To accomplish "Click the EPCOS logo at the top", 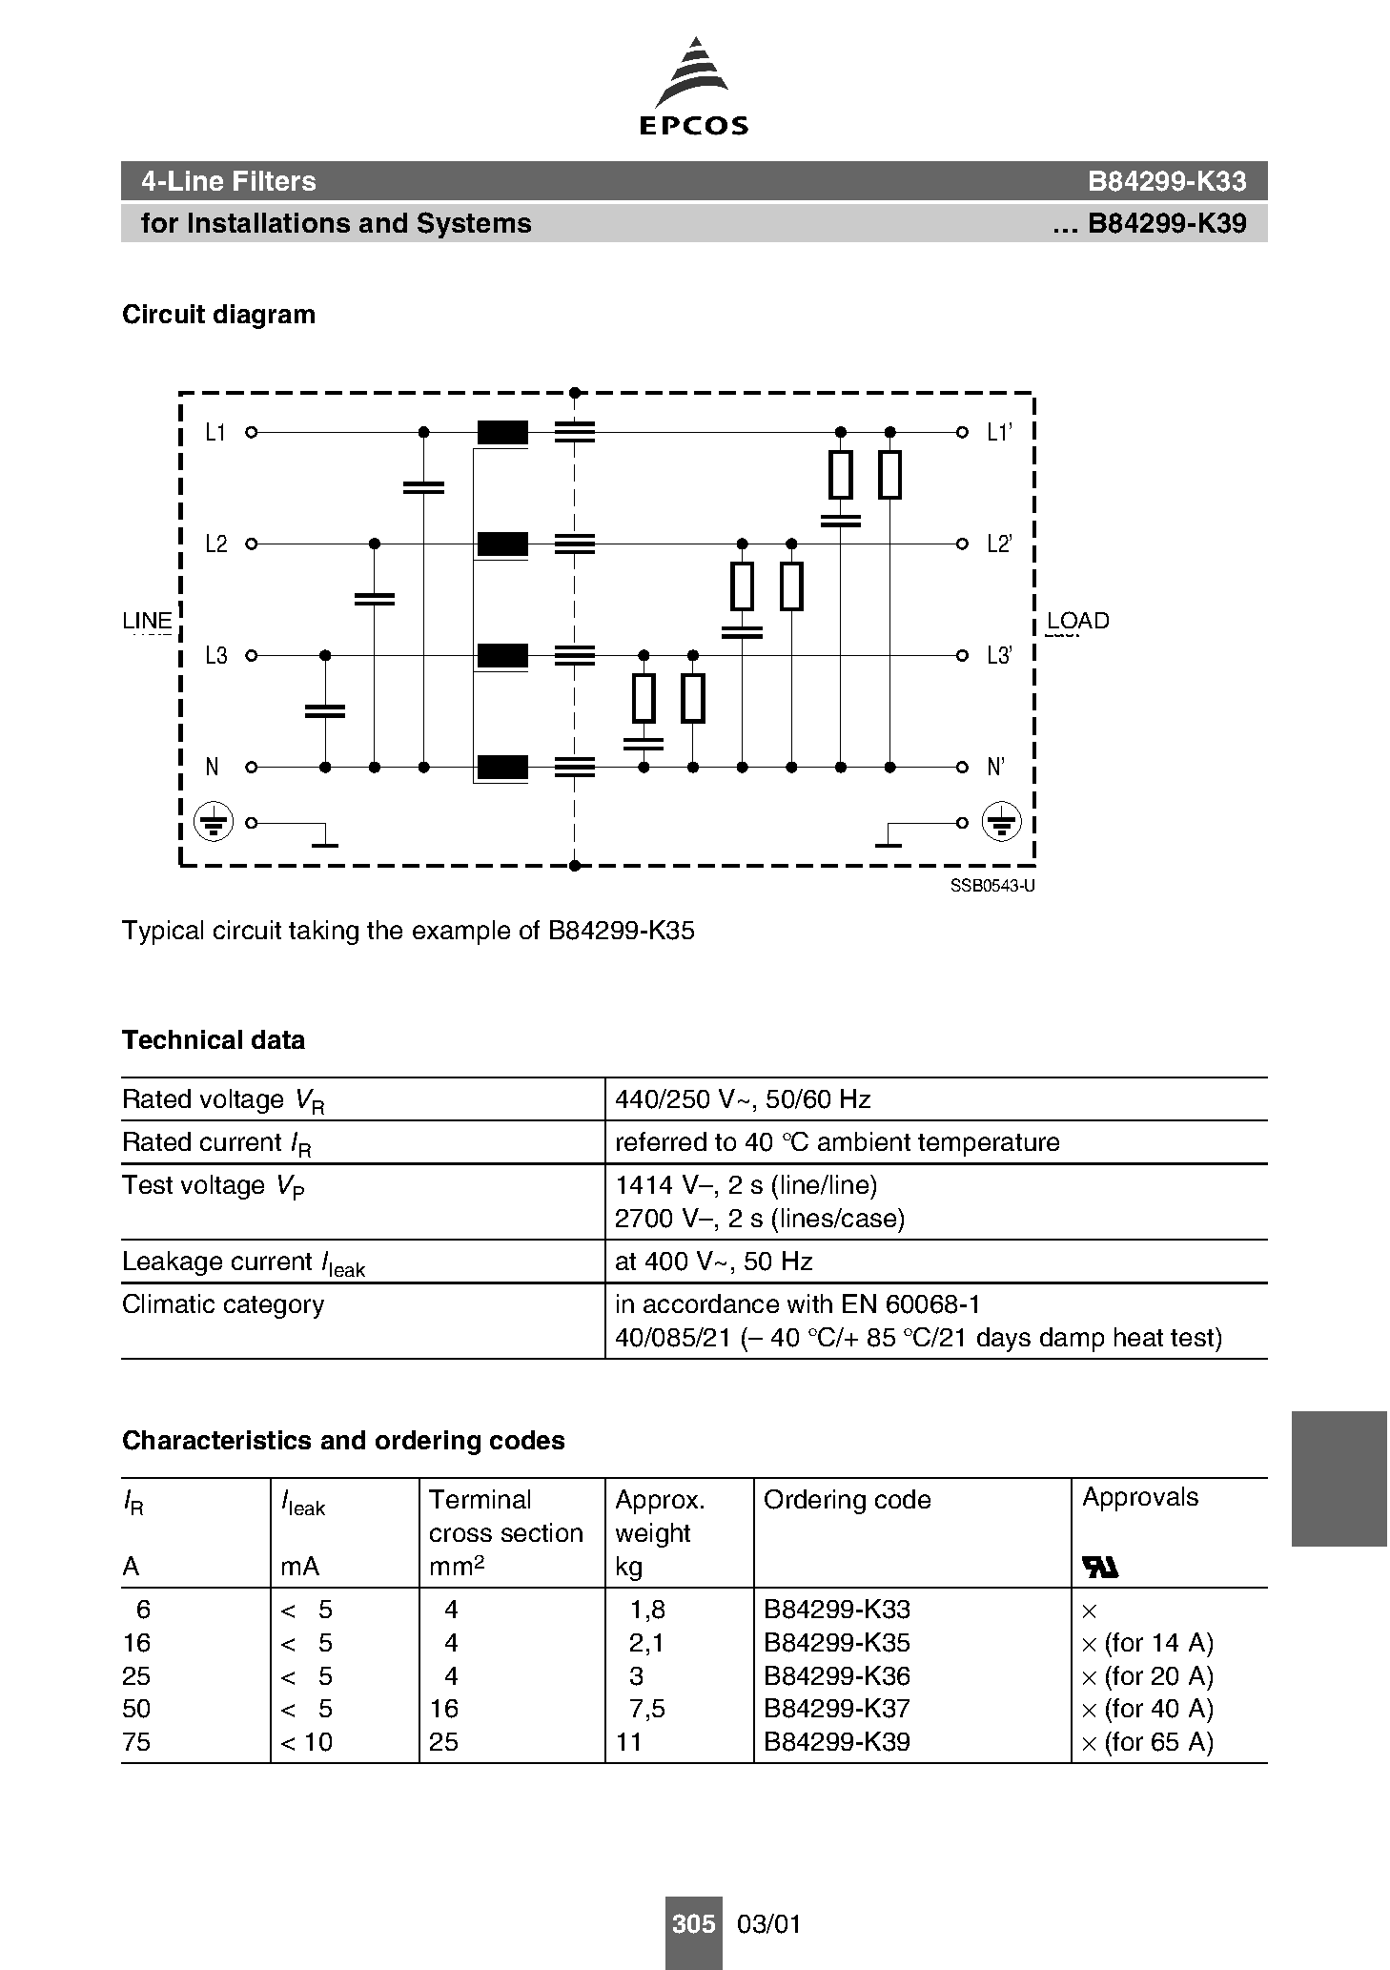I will coord(693,87).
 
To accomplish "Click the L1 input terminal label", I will coord(215,433).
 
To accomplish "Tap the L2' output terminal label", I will coord(998,544).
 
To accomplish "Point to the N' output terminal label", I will coord(995,768).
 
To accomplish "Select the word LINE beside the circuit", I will coord(147,621).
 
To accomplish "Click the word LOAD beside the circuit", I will coord(1077,621).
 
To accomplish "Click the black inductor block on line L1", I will coord(502,433).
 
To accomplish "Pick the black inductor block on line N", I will coord(502,768).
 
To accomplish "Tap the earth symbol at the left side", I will coord(214,822).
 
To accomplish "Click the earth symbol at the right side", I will coord(1001,822).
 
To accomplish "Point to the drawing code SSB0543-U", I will coord(992,886).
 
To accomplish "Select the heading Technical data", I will coord(214,1040).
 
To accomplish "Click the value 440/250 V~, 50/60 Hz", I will coord(743,1099).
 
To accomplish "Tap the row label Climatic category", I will coord(223,1304).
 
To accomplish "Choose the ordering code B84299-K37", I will coord(836,1709).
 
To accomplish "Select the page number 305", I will coord(693,1924).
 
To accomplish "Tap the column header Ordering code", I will coord(847,1500).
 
